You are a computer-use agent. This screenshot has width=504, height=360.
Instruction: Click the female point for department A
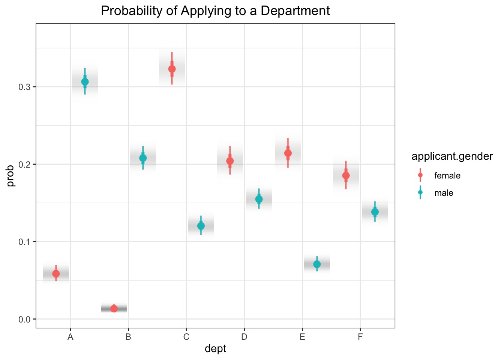pos(56,274)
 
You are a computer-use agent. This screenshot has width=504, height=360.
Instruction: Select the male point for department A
pos(85,82)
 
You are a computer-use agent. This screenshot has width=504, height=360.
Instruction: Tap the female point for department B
pos(114,309)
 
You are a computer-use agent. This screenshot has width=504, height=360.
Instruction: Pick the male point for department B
pos(143,158)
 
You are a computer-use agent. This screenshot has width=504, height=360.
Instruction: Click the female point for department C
pos(172,69)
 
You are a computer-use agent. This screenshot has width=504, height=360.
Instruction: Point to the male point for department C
pos(201,226)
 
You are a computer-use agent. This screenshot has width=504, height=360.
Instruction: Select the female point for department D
pos(230,161)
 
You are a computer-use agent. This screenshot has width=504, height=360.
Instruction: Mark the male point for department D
pos(259,199)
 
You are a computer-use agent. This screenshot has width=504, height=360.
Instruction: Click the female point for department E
pos(288,153)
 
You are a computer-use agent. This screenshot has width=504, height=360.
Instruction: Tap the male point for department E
pos(317,264)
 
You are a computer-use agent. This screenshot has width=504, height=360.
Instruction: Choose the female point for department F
pos(346,175)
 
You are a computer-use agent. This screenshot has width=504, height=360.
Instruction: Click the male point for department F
pos(375,212)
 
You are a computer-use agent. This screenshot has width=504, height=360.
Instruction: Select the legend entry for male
pos(444,193)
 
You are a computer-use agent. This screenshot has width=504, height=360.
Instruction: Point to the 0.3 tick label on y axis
pos(24,87)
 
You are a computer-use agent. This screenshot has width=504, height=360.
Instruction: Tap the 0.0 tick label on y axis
pos(24,319)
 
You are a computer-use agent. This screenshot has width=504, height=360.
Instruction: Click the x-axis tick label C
pos(186,337)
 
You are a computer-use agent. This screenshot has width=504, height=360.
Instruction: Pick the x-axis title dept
pos(215,349)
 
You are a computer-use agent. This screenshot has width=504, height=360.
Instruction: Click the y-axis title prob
pos(10,175)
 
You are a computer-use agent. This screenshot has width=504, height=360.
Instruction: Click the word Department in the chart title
pos(295,11)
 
